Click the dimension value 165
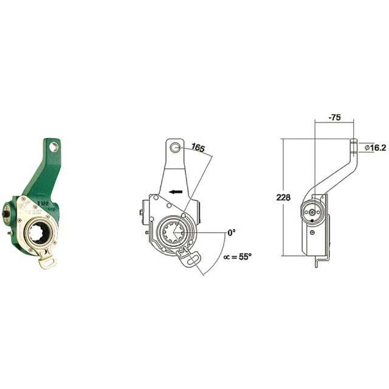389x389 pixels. [198, 148]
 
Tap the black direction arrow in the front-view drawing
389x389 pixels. [176, 191]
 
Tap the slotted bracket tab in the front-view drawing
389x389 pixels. [190, 258]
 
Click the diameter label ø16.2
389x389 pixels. [376, 146]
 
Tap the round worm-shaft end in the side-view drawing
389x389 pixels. [314, 213]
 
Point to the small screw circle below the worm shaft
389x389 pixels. [313, 232]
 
